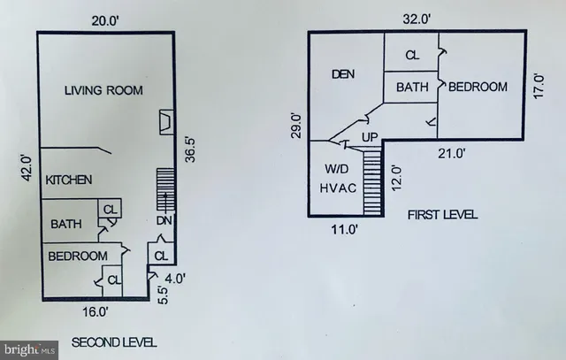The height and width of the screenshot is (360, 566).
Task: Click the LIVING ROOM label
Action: pyautogui.click(x=105, y=90)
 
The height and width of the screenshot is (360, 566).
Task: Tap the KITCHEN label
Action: pyautogui.click(x=70, y=180)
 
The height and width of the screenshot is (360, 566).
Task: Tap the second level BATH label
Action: pyautogui.click(x=66, y=224)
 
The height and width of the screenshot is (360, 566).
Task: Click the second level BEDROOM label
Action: pyautogui.click(x=79, y=256)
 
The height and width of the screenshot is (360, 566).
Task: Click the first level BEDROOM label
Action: pyautogui.click(x=478, y=87)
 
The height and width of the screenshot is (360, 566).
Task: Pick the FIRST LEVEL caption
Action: pyautogui.click(x=441, y=214)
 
